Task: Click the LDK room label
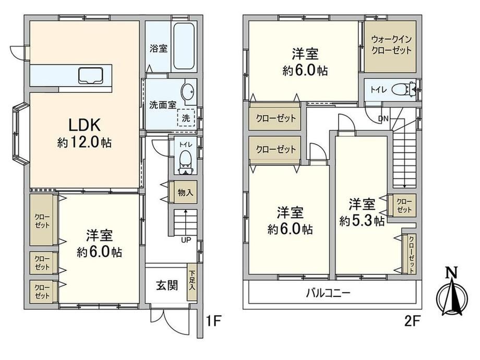84,125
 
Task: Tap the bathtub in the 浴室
184,47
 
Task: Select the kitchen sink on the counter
90,76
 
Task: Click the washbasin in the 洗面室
187,91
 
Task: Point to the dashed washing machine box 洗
186,118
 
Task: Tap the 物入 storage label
186,193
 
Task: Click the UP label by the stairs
186,239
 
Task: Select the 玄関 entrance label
167,285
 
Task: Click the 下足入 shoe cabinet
192,282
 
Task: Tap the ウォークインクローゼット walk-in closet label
391,45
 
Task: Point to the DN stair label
383,118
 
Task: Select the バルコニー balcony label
328,293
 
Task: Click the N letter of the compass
451,272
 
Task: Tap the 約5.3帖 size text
362,220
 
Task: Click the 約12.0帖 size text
84,142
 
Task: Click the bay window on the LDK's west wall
21,134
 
